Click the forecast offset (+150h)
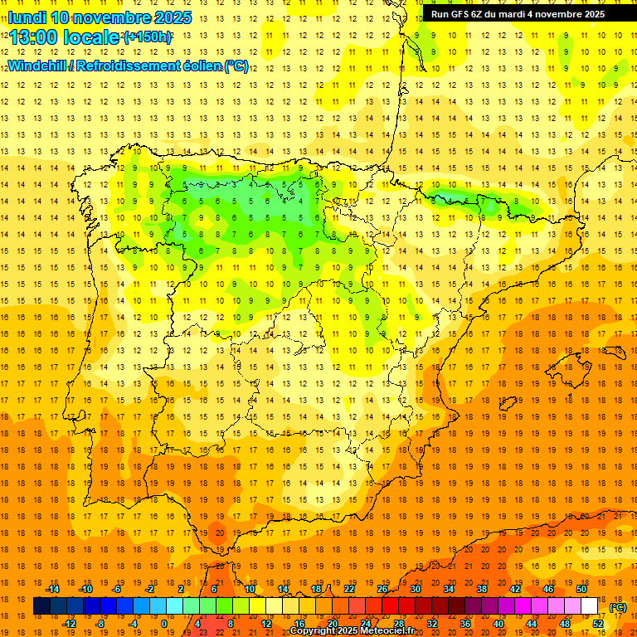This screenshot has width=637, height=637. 148,37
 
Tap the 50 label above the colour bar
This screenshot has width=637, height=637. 581,589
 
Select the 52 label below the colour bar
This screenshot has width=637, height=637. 598,624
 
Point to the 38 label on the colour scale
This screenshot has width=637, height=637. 481,589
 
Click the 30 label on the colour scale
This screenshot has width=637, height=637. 415,589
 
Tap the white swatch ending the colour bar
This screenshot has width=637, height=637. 590,606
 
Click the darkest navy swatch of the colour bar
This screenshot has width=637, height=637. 41,606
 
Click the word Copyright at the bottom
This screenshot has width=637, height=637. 314,631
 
